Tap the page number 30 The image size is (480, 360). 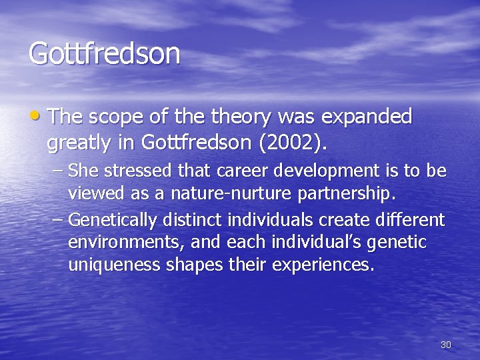[x=446, y=345]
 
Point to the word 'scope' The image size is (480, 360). [x=127, y=118]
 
